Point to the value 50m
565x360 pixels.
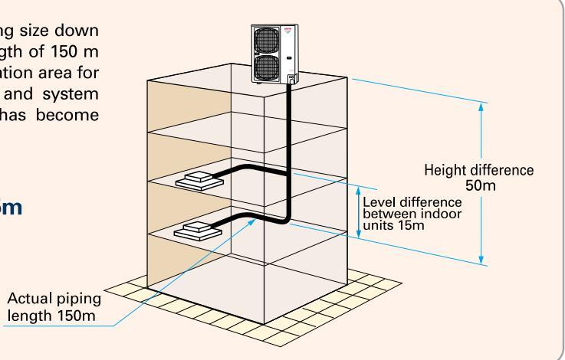click(x=481, y=185)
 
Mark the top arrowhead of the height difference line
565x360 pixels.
click(x=481, y=106)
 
